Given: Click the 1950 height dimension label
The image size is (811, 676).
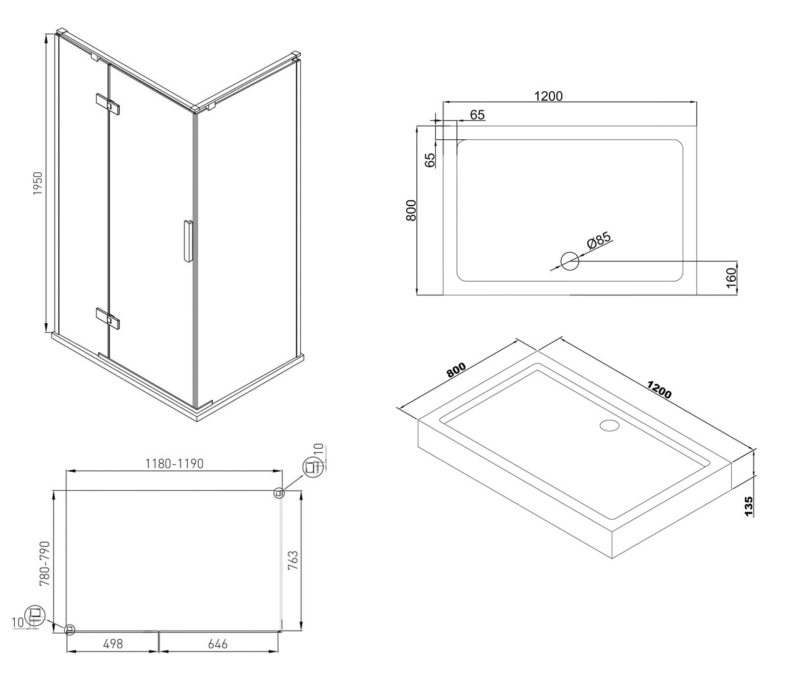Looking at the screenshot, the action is coord(38,183).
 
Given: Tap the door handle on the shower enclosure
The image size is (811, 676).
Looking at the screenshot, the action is coord(188,241).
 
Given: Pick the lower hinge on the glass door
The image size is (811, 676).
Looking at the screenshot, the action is coord(107,318).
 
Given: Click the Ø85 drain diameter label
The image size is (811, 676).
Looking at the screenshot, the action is coord(599,240).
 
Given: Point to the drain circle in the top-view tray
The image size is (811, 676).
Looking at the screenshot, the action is coord(570,261).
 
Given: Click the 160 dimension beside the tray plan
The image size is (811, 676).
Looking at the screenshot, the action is coord(731,278).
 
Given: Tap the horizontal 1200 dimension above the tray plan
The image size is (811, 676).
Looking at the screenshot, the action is coord(548,96).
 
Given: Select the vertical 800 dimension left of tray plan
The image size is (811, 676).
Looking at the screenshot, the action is coord(410,210).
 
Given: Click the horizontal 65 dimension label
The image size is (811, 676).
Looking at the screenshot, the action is coord(477,115).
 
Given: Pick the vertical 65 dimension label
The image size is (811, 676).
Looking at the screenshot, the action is coord(430,160).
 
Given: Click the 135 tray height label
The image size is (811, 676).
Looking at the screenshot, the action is coord(749,506).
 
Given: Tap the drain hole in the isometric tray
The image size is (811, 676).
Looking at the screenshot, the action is coord(609,425).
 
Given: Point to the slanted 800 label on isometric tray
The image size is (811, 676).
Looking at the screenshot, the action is coord(456,370).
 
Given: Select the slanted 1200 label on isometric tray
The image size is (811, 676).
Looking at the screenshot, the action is coord(659,389).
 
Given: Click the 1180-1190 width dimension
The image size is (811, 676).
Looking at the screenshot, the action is coord(174,464).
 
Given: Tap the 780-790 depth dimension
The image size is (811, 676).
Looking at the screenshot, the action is coord(45,564).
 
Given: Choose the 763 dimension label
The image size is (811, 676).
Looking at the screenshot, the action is coord(293,560).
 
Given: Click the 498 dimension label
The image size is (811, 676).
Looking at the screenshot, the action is coord(113,644).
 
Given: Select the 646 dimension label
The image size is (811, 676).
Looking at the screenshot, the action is coord(218,644).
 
